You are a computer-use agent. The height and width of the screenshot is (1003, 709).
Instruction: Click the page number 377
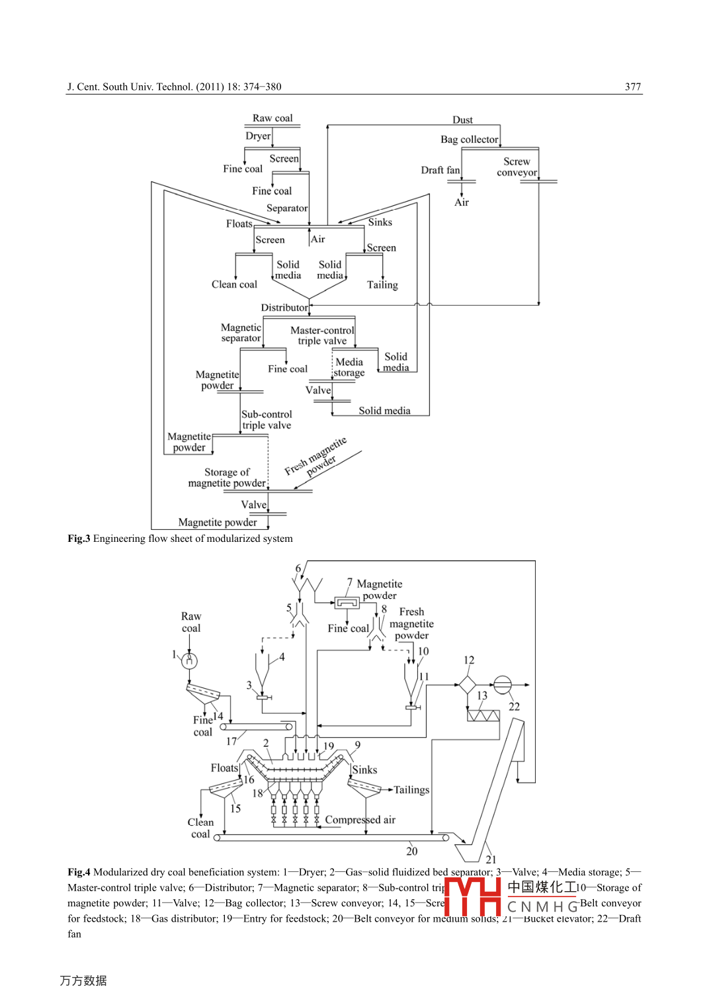click(x=632, y=87)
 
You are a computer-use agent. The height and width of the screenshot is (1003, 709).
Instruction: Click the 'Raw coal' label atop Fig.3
click(x=272, y=118)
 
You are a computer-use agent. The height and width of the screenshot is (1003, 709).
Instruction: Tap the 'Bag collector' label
click(x=469, y=139)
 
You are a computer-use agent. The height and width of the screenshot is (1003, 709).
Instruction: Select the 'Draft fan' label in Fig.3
click(x=440, y=170)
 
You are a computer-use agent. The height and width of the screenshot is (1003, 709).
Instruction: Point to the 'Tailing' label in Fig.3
click(x=382, y=284)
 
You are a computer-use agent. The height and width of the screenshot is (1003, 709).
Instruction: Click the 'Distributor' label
click(x=284, y=307)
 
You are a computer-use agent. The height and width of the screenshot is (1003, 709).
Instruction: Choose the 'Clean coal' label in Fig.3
click(x=234, y=284)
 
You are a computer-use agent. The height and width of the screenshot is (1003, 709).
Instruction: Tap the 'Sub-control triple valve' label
click(x=267, y=419)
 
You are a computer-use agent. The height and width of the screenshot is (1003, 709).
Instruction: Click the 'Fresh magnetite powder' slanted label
click(x=316, y=457)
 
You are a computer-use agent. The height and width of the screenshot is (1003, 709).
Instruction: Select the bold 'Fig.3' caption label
click(x=79, y=539)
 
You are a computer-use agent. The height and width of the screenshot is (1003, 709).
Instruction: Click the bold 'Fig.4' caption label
click(x=79, y=872)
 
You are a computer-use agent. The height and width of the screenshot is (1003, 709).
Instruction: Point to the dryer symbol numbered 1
click(x=190, y=660)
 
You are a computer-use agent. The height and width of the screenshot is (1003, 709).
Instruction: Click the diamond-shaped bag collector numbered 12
click(x=467, y=684)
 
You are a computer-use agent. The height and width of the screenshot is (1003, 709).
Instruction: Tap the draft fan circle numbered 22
click(x=503, y=685)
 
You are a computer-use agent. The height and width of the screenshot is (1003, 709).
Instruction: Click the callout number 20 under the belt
click(x=411, y=851)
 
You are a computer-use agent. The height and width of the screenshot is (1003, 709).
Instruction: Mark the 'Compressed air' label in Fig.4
click(x=360, y=820)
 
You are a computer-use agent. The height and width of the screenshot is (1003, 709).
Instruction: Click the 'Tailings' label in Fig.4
click(x=411, y=789)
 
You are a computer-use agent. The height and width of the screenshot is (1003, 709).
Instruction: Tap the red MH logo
click(x=472, y=896)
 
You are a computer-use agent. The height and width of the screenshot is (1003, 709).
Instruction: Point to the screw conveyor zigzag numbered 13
click(x=483, y=715)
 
